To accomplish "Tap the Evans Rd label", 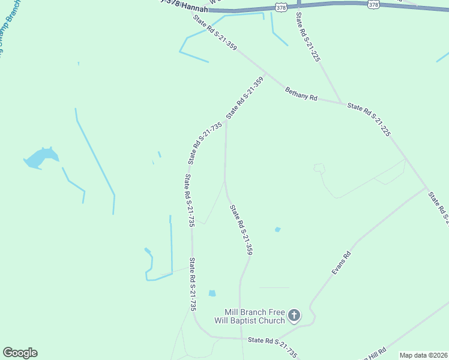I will pos(341,263).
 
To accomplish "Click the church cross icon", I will pos(294,314).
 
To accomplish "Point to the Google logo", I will pos(20,353).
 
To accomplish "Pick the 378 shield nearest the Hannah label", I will pos(282,6).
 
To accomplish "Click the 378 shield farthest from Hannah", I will pos(374,4).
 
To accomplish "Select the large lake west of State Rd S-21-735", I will pos(41,159).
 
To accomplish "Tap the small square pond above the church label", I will pos(211,293).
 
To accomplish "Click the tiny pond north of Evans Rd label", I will pos(277,229).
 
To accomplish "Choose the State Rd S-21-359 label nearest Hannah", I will pos(214,37).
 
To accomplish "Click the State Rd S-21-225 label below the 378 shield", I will pos(307,37).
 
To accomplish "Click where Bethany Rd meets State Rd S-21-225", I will pos(343,104).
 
